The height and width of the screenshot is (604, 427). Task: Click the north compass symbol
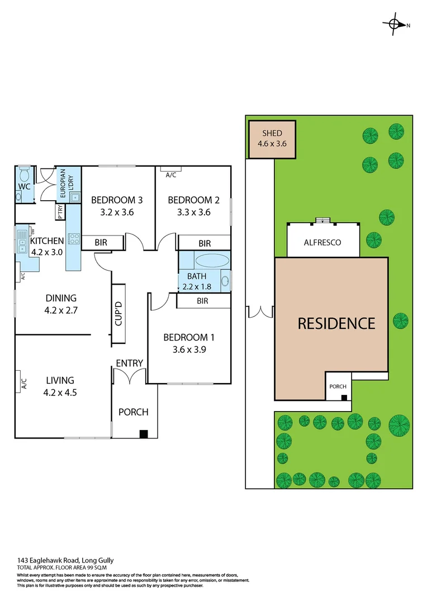tap(394, 24)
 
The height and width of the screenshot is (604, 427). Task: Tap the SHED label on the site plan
tap(272, 134)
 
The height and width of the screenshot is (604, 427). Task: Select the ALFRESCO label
tap(322, 243)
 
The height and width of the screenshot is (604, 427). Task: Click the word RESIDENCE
tap(336, 323)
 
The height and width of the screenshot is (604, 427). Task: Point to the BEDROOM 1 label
tap(189, 338)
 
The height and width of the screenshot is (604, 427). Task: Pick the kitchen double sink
tap(22, 242)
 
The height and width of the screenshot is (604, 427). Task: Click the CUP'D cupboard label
tap(118, 314)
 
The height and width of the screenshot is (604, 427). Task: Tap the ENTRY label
tap(129, 364)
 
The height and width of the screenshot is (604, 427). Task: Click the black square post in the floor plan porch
tap(144, 433)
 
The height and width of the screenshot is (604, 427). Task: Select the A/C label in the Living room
tap(24, 384)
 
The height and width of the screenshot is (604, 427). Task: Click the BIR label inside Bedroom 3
tap(101, 243)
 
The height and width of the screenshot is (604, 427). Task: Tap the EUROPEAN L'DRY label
tap(63, 185)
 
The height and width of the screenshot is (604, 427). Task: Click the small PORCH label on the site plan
tap(338, 386)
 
